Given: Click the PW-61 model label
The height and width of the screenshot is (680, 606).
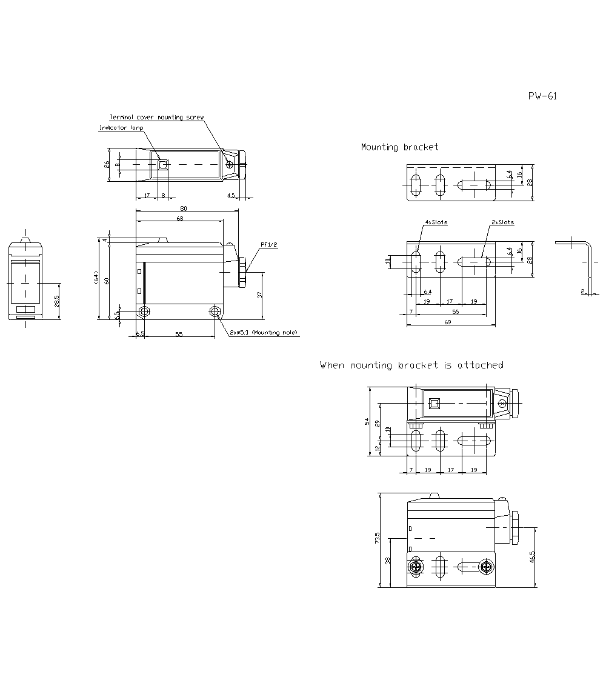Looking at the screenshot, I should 542,96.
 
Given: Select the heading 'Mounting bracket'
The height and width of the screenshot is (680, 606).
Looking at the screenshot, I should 399,147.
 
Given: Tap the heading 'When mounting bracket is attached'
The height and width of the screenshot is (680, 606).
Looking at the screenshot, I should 411,365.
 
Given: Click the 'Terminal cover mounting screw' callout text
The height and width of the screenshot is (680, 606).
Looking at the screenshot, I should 156,117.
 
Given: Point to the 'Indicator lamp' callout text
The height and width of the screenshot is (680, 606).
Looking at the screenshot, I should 121,128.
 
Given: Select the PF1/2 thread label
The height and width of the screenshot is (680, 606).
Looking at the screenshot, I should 268,245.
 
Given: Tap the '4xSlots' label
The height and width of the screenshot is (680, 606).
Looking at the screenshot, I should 436,222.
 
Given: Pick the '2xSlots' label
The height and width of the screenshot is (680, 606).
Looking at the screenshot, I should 502,222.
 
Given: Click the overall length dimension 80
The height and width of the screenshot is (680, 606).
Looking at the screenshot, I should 184,208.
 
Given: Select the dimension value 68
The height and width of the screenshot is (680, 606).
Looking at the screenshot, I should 180,219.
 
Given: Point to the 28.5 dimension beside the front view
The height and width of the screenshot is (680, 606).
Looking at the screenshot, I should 57,301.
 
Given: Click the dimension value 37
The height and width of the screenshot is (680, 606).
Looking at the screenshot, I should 259,295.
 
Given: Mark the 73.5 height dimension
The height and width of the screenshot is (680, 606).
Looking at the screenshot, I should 377,538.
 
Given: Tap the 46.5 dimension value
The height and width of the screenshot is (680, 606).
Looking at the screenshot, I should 532,557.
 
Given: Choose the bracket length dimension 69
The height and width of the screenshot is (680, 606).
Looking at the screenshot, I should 448,322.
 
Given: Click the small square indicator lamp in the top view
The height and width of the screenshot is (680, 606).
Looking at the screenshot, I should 162,164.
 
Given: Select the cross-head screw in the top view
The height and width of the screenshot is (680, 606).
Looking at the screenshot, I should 230,164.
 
